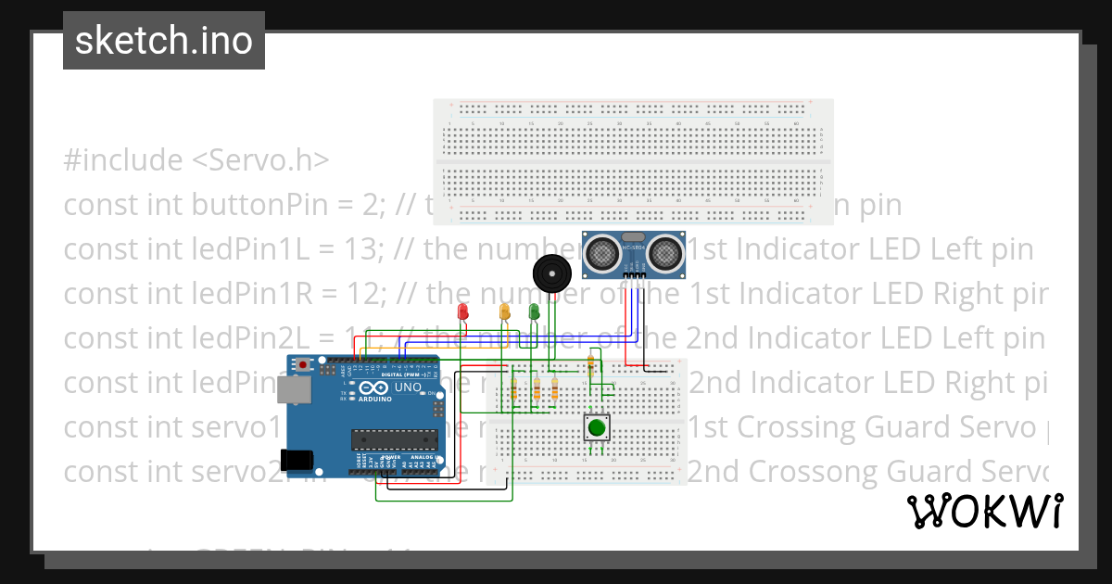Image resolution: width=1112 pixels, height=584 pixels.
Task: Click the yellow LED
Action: click(504, 312)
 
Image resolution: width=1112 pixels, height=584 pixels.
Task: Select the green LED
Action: click(534, 312)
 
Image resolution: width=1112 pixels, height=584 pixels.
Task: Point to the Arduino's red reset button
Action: click(303, 366)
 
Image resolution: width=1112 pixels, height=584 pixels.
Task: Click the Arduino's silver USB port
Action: click(296, 393)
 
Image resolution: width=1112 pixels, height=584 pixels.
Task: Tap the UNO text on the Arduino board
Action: click(408, 387)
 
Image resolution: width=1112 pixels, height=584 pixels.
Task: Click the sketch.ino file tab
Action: click(164, 41)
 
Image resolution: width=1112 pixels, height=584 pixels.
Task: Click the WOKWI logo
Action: click(984, 511)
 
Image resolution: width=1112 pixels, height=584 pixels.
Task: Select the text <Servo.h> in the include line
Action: click(260, 160)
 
